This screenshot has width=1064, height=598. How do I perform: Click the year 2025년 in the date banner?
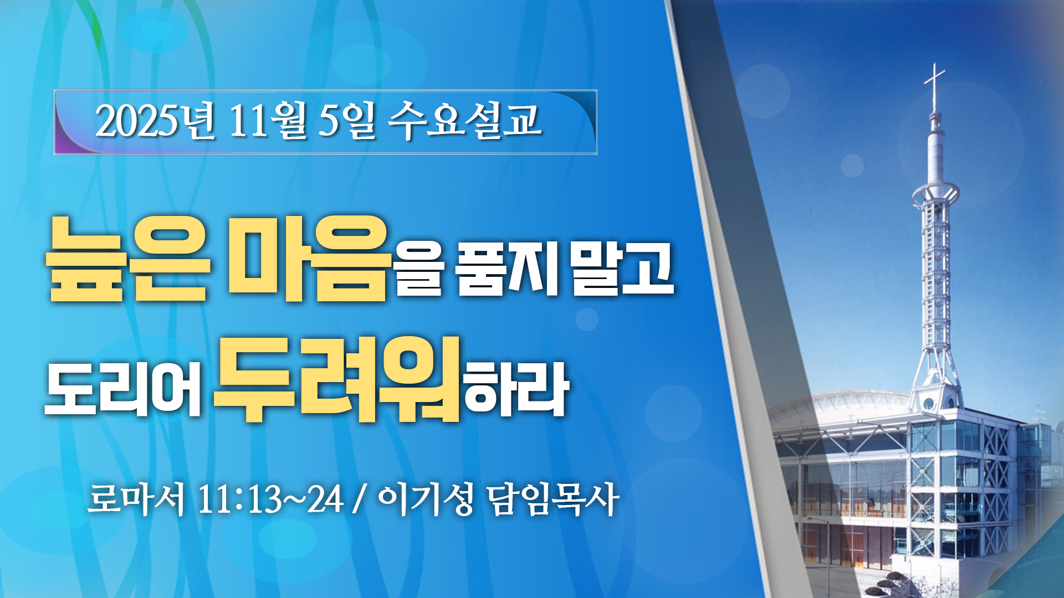point(155,120)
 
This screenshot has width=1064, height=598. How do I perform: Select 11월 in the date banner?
point(267,120)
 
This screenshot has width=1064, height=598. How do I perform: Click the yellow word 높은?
point(128,259)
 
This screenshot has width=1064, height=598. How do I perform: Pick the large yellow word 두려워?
point(337,379)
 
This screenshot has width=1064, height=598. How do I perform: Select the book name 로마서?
point(136,499)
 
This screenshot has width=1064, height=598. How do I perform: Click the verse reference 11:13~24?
point(270,499)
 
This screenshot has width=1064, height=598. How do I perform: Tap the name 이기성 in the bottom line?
point(425,499)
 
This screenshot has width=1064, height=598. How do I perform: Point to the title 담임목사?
point(553,499)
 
